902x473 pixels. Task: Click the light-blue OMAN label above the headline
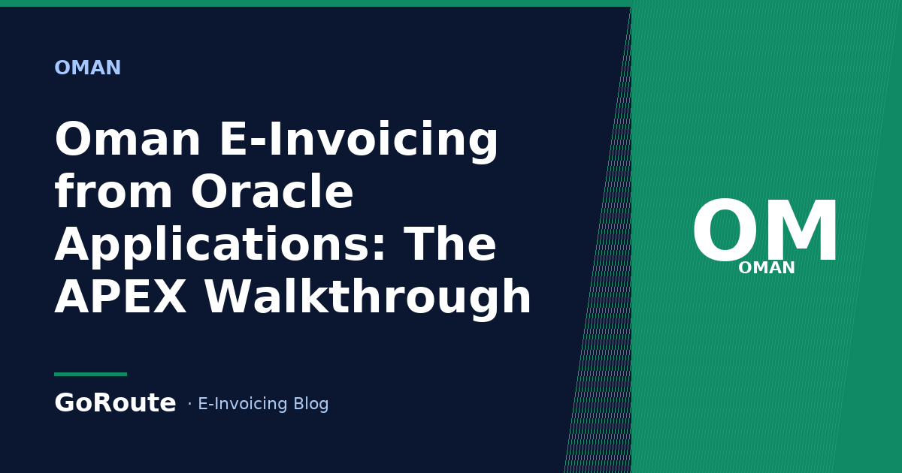coord(88,67)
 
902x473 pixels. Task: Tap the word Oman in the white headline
coord(127,139)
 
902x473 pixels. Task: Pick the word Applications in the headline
coord(220,245)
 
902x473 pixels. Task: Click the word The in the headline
coord(449,243)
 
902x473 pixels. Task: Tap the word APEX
coord(120,297)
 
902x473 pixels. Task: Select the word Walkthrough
coord(368,298)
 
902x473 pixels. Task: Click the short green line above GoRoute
coord(91,374)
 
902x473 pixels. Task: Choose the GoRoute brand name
coord(115,402)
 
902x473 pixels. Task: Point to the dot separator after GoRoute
coord(189,403)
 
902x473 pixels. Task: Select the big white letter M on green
coord(802,230)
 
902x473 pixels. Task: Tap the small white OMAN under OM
coord(766,268)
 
